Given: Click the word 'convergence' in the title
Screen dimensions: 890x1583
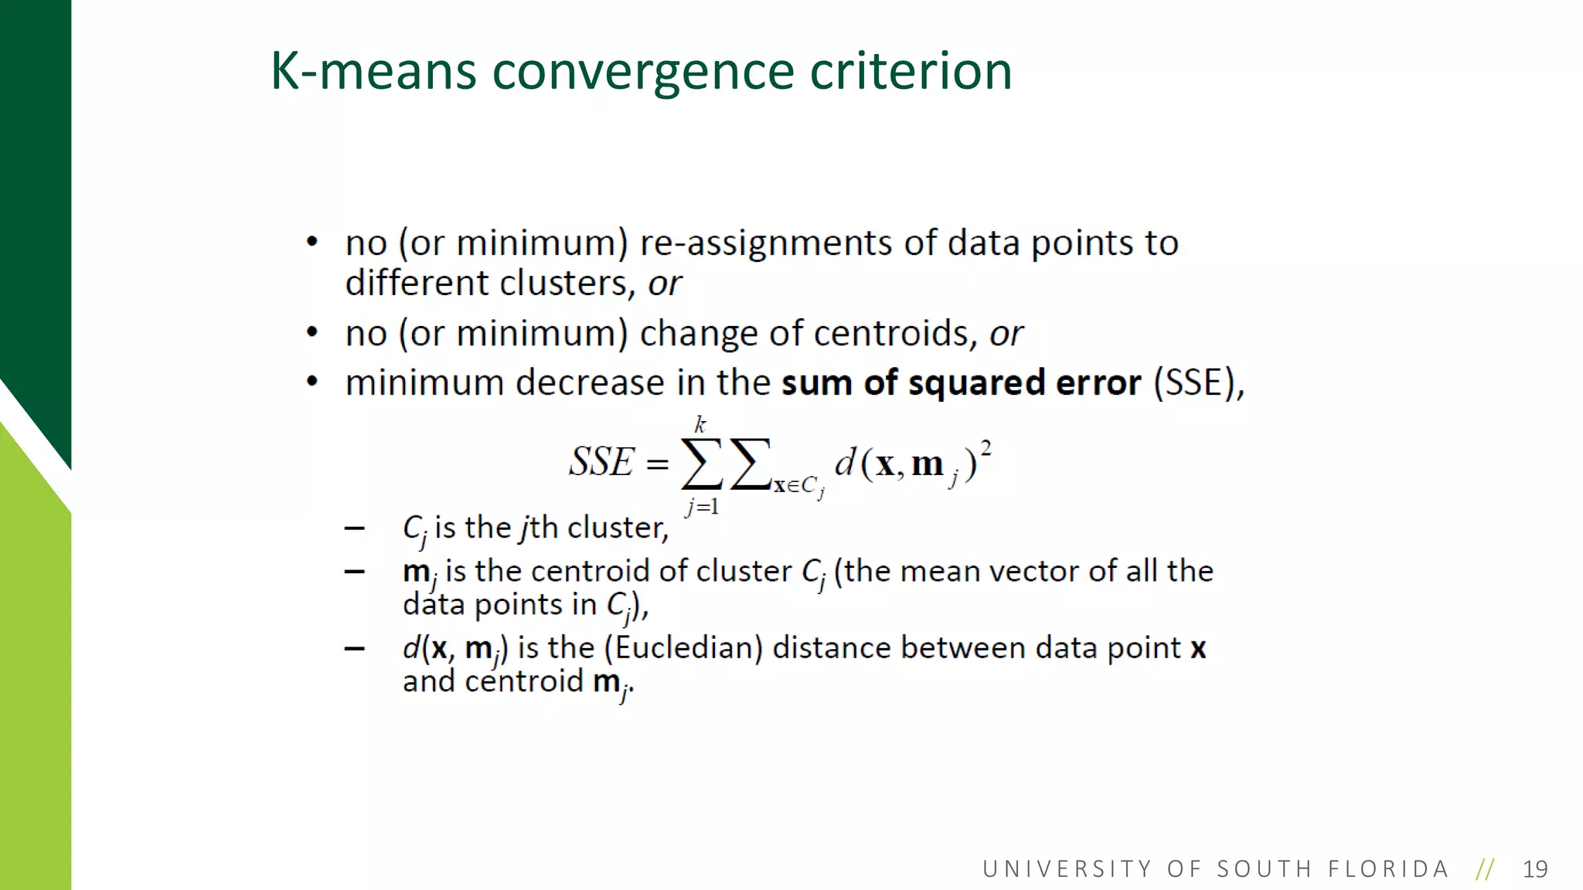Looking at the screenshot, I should click(643, 72).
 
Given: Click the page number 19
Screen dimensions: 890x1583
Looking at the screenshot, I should click(1535, 869).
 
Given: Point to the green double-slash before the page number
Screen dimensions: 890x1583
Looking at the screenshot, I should click(1485, 869).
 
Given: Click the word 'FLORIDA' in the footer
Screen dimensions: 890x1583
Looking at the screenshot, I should click(1388, 869).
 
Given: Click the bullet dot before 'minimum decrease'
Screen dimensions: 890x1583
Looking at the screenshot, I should click(312, 382).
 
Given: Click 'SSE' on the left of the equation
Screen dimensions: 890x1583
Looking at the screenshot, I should click(601, 462).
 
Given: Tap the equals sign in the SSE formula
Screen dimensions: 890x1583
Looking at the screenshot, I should click(657, 464).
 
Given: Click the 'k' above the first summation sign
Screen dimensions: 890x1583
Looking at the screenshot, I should click(700, 425).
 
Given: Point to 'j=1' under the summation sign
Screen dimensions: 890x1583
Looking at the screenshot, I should click(702, 507).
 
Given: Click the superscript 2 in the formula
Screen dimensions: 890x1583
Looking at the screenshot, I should click(986, 447).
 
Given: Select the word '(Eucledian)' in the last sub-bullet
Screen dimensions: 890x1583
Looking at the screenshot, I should click(683, 647).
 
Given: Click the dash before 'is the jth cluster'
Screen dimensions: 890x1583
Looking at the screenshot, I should click(355, 528).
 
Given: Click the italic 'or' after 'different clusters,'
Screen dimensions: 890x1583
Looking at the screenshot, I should click(665, 284).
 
